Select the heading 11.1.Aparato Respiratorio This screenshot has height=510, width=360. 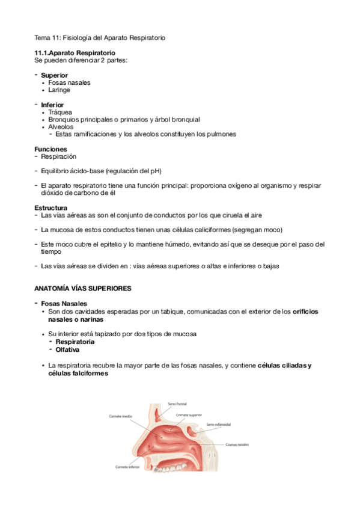[75, 53]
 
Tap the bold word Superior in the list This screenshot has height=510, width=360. [54, 75]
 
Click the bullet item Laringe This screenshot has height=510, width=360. [59, 90]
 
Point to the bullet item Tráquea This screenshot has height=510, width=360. [60, 112]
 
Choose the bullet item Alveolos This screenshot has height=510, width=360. [61, 127]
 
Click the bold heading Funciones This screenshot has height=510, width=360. [50, 149]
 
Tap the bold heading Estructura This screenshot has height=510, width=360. [50, 207]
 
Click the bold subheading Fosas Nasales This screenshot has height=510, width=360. [64, 303]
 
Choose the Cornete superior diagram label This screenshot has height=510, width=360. [189, 415]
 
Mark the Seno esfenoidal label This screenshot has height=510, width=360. [219, 424]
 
